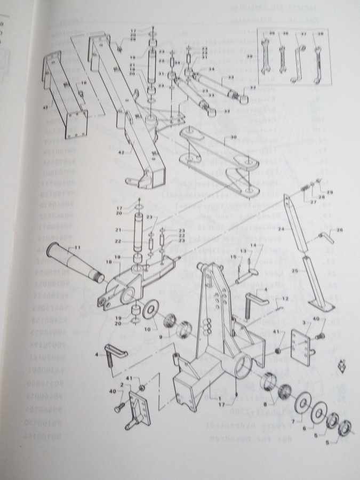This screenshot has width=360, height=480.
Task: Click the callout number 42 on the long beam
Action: (122, 152)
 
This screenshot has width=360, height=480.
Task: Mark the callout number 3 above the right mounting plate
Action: (304, 323)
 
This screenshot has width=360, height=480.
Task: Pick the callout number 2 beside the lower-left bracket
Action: (122, 384)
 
